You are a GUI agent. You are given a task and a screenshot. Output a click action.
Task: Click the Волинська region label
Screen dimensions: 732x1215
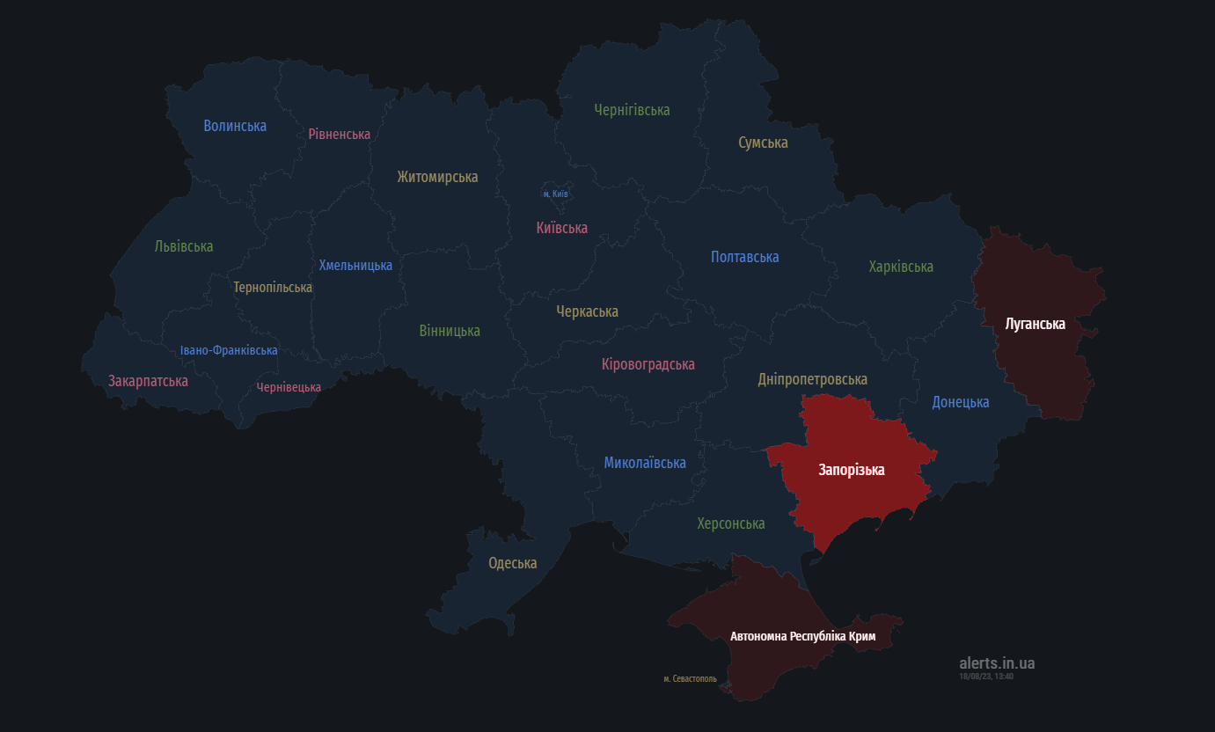(x=235, y=126)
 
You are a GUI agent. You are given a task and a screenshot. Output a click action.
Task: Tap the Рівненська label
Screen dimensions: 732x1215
(x=339, y=134)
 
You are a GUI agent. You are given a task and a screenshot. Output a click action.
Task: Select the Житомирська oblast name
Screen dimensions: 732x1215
(x=437, y=177)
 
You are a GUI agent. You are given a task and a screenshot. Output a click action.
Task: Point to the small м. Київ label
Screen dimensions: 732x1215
(x=555, y=194)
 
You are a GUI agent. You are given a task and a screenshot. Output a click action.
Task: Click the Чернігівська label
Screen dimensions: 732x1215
(x=632, y=110)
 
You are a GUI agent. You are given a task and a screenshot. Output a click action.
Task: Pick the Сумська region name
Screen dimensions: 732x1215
(x=763, y=143)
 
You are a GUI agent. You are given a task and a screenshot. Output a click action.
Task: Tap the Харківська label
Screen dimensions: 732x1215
(x=901, y=267)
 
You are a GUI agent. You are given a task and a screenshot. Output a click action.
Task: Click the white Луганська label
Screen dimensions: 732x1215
(x=1035, y=324)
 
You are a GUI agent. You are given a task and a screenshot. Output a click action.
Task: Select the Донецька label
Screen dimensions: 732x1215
(x=961, y=402)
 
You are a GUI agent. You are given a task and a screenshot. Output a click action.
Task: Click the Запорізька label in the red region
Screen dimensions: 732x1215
(x=851, y=470)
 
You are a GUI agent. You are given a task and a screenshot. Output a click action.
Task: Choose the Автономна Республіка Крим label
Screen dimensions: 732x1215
(x=802, y=635)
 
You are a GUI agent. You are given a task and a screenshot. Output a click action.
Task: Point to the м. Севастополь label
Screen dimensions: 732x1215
(x=690, y=679)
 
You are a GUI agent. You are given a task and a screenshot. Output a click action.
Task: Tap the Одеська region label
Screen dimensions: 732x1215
(x=513, y=563)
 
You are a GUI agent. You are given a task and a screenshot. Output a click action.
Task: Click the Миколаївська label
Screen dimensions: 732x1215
(x=645, y=463)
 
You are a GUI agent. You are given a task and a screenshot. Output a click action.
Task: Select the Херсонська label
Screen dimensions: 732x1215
(x=731, y=523)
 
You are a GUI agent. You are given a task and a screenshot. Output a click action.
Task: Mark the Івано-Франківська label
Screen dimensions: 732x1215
(x=229, y=350)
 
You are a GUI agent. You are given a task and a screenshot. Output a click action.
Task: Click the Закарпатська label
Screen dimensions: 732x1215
(x=148, y=381)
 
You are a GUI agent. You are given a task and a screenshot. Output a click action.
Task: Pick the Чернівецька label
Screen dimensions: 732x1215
(x=289, y=387)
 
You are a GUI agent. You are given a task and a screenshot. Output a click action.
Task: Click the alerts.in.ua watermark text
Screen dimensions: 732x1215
(x=997, y=663)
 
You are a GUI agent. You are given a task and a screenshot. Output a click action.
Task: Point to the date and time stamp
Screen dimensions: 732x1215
(x=986, y=677)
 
